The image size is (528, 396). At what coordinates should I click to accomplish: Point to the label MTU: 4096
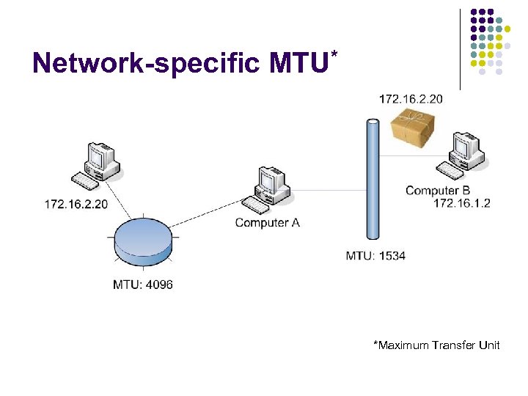[143, 284]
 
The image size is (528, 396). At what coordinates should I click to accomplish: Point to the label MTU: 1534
[375, 256]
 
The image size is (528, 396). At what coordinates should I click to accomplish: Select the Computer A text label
[267, 222]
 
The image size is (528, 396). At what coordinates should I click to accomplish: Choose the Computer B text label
[438, 191]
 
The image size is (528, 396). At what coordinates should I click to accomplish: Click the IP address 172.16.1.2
[461, 203]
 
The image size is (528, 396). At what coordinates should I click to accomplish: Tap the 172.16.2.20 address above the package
[411, 99]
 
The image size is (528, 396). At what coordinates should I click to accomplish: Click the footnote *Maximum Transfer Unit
[436, 345]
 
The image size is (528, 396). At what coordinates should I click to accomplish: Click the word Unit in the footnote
[488, 345]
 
